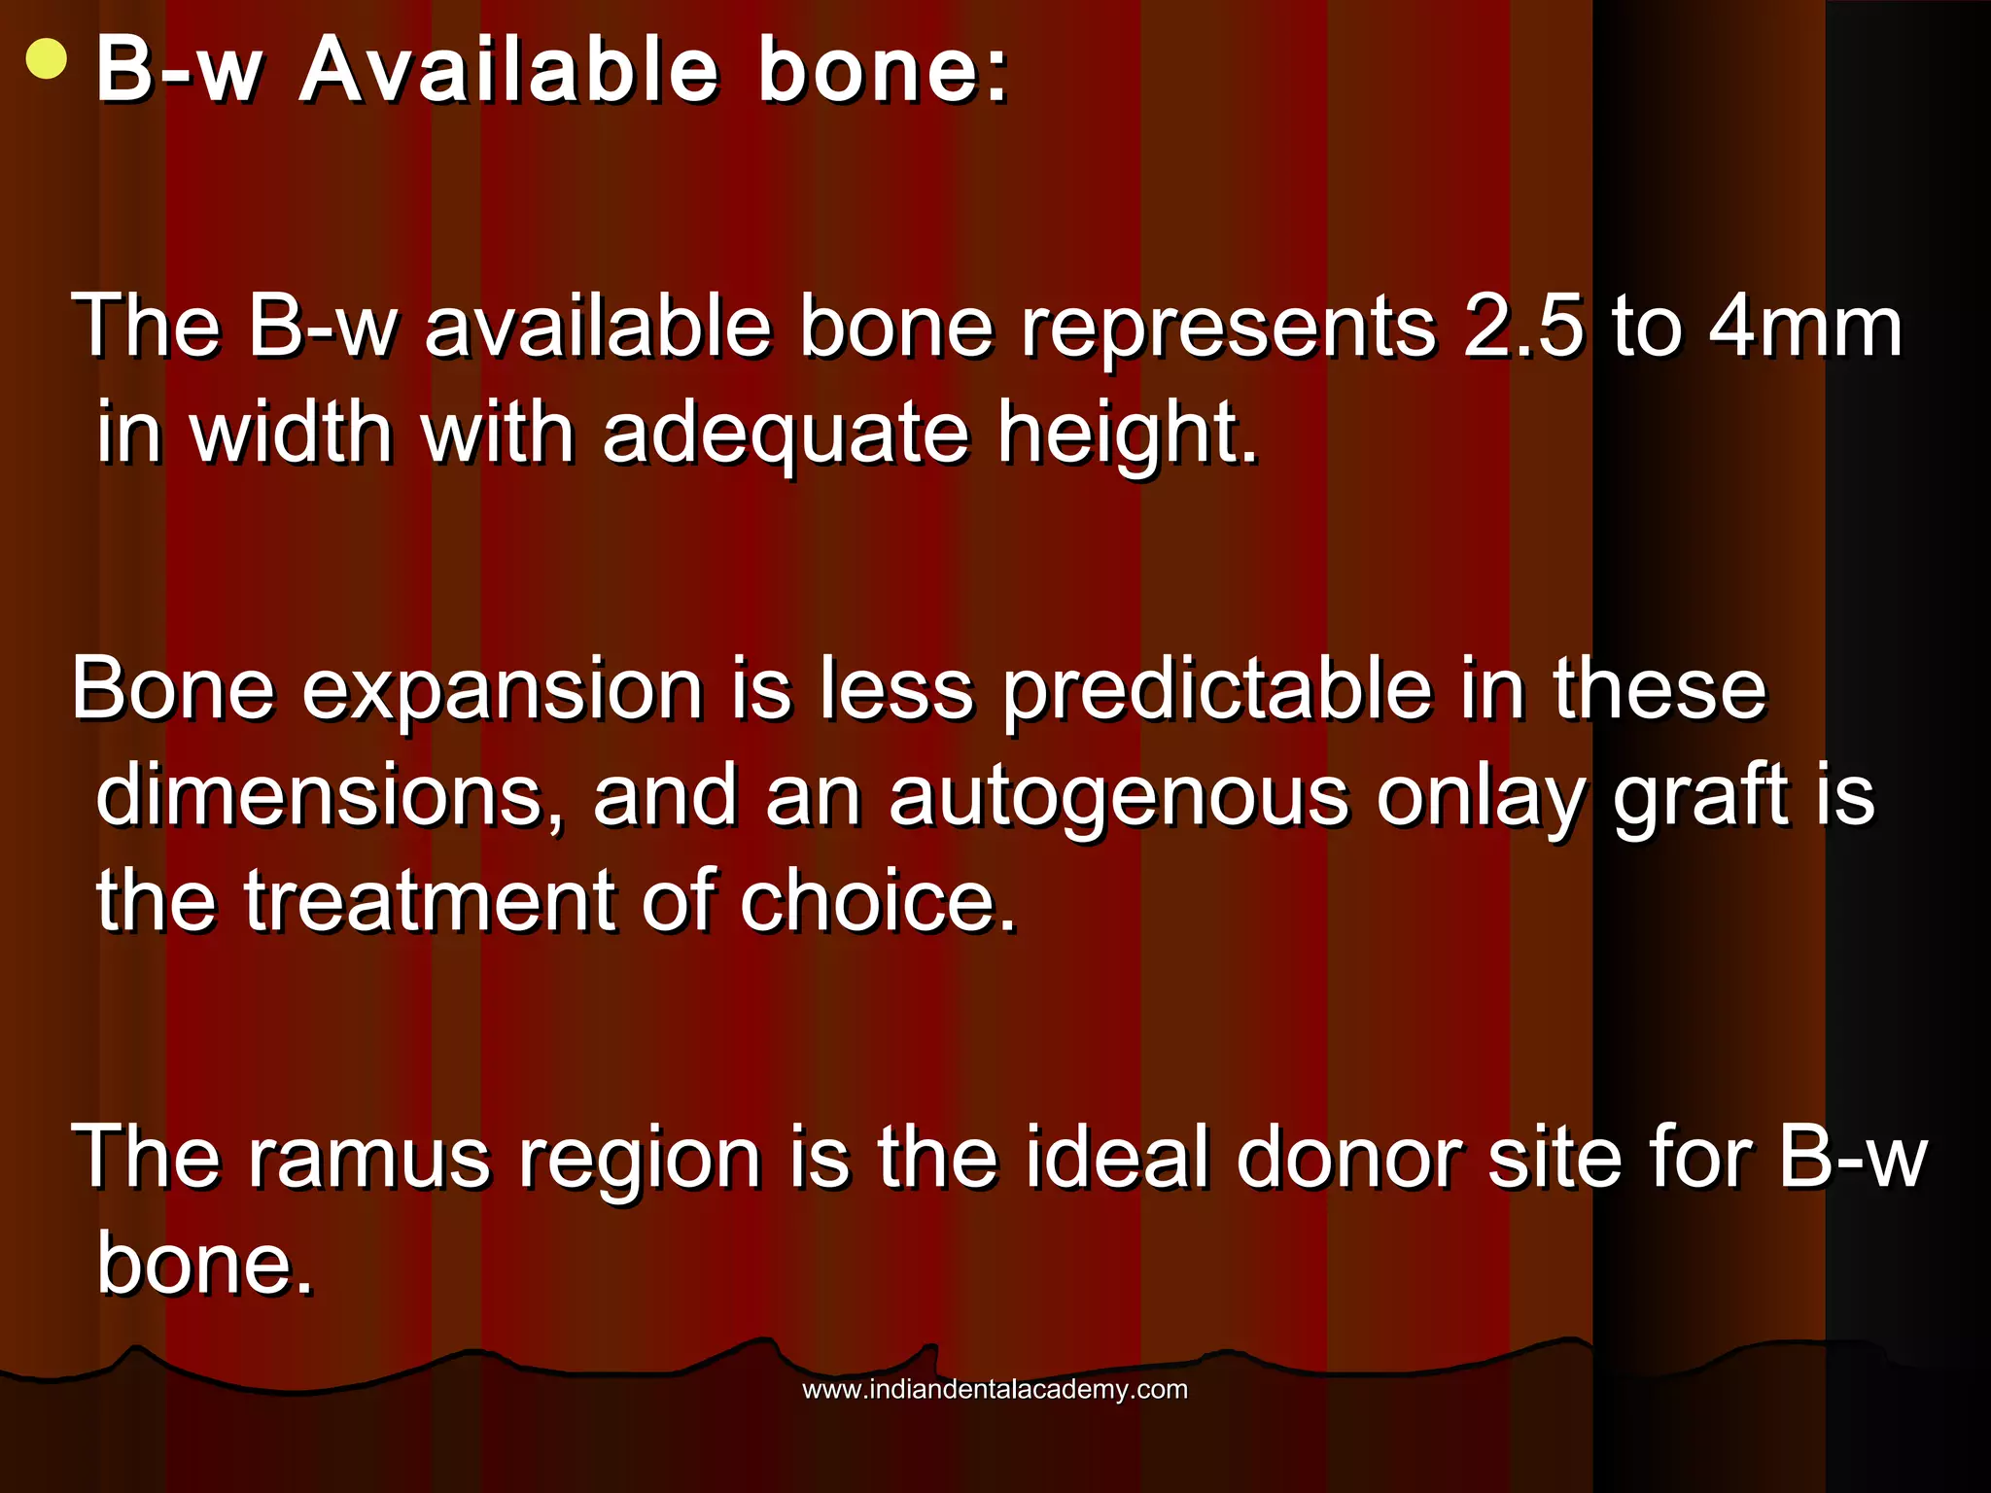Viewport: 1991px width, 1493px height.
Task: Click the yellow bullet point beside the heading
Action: (47, 60)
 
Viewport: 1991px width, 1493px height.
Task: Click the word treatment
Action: (429, 903)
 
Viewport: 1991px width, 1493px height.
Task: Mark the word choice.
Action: (878, 903)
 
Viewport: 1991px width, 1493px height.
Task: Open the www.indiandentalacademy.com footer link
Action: (995, 1389)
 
